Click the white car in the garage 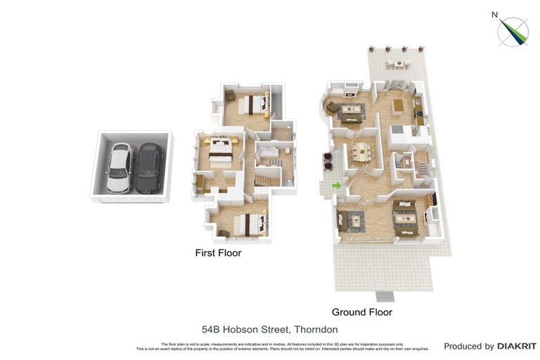[120, 168]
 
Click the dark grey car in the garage [149, 168]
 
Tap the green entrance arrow [336, 186]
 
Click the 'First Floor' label [218, 253]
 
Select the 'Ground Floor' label [362, 312]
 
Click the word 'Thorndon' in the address [316, 329]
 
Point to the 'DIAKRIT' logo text [517, 346]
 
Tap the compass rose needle [513, 32]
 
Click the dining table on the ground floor [362, 150]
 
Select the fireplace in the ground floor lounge [349, 92]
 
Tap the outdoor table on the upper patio [399, 63]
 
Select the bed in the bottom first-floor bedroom [250, 224]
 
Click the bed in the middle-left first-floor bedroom [220, 150]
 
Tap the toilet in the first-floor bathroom [288, 151]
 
